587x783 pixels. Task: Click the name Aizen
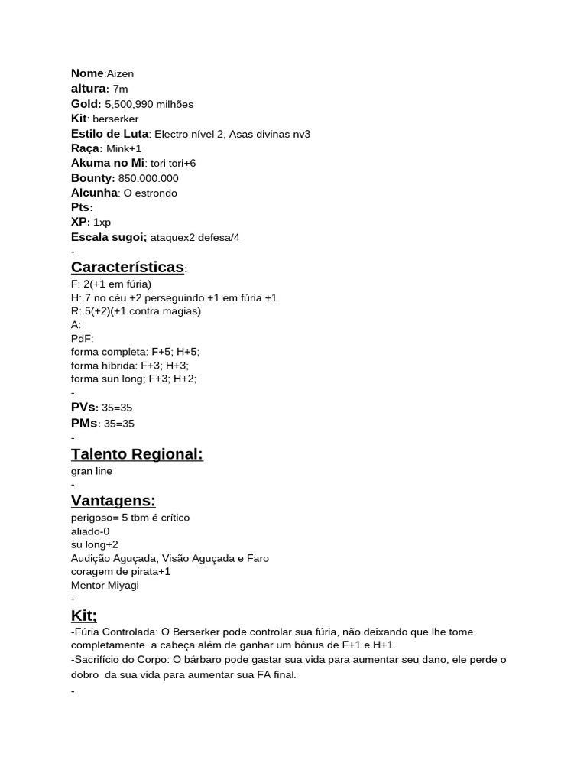point(120,74)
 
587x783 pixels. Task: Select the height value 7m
point(120,89)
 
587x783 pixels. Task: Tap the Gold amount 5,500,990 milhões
point(149,104)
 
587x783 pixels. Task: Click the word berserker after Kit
point(115,119)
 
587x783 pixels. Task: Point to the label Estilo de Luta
point(109,134)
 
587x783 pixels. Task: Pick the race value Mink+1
point(124,148)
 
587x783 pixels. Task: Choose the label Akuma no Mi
point(107,163)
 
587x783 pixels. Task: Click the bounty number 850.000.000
point(148,178)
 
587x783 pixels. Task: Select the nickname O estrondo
point(150,193)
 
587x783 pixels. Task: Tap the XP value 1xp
point(102,223)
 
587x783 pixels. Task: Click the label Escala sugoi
point(109,237)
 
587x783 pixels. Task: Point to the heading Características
point(128,267)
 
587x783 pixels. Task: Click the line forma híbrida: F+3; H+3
point(130,366)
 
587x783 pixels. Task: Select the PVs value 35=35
point(117,408)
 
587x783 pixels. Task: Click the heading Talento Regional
point(137,454)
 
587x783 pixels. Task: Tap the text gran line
point(92,471)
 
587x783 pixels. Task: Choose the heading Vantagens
point(113,501)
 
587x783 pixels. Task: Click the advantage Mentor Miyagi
point(105,586)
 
